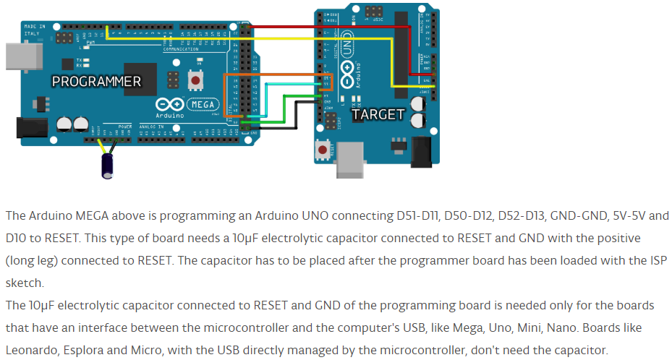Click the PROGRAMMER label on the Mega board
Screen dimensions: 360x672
[x=96, y=81]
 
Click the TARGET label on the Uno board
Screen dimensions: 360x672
[x=378, y=114]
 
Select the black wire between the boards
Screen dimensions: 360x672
[x=289, y=128]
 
